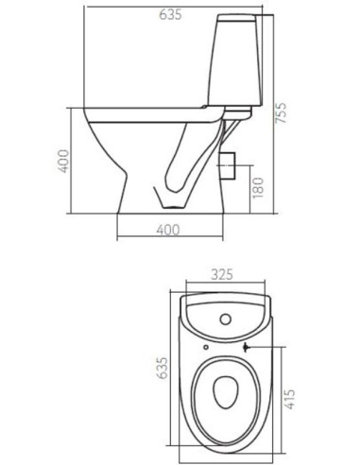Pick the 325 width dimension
click(x=224, y=276)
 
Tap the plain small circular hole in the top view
click(x=207, y=346)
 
